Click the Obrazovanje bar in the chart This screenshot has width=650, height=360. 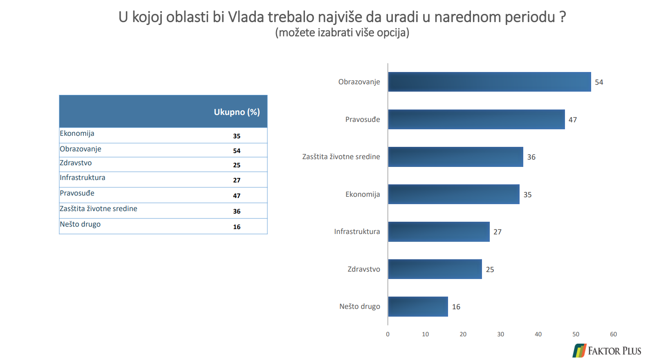click(x=489, y=82)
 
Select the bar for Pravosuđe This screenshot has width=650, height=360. click(x=477, y=119)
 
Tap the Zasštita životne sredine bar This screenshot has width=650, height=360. click(x=455, y=157)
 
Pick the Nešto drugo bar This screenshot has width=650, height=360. click(x=418, y=306)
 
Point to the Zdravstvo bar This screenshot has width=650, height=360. click(x=435, y=269)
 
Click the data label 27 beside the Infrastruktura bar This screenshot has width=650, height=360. click(x=498, y=232)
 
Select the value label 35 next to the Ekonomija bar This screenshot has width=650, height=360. click(x=527, y=194)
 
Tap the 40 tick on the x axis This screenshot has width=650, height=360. click(x=538, y=334)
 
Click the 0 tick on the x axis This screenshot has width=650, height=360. click(x=388, y=334)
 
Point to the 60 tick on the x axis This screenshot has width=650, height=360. click(x=613, y=334)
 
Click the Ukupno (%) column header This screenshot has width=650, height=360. click(x=237, y=112)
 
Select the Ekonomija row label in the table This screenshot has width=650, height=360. click(x=77, y=133)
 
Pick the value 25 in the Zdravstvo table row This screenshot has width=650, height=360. click(x=237, y=165)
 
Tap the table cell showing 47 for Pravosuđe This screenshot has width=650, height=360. click(x=237, y=196)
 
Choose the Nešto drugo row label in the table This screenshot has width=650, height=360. click(x=80, y=224)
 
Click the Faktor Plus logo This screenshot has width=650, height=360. click(x=607, y=351)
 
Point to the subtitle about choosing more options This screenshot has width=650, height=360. click(x=342, y=33)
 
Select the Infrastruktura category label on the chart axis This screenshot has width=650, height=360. click(x=357, y=232)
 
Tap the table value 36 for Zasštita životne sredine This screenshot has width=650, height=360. click(x=237, y=211)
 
